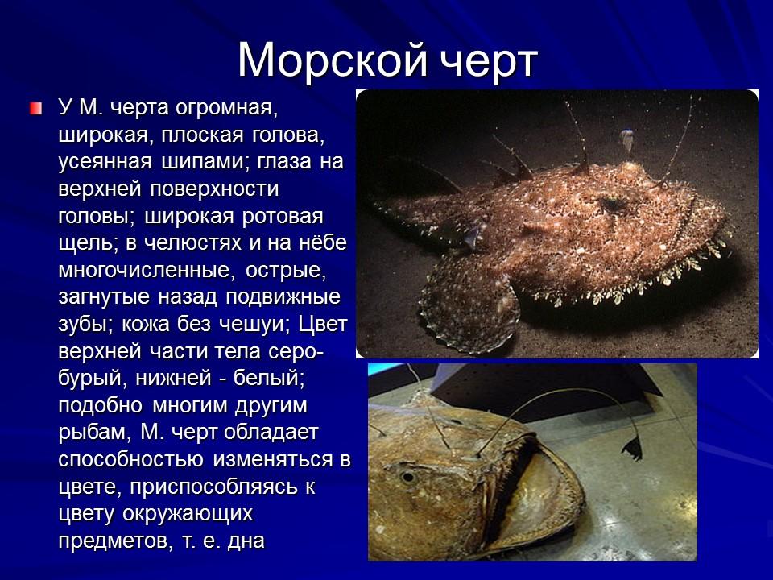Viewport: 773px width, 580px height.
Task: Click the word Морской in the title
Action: click(x=333, y=59)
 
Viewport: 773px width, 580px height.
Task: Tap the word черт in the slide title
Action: click(x=486, y=59)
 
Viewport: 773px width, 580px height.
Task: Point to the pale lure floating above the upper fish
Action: click(x=626, y=138)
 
